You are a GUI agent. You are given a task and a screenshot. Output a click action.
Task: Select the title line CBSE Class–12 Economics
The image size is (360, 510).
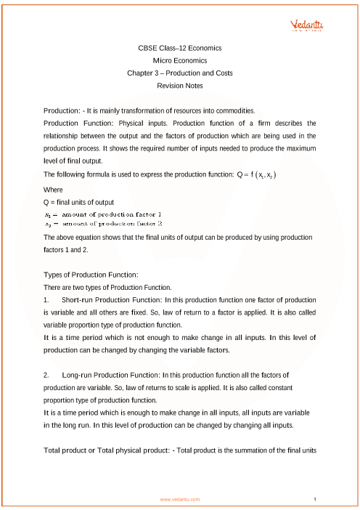180,48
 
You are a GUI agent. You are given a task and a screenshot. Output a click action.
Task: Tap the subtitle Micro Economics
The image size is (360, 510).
180,60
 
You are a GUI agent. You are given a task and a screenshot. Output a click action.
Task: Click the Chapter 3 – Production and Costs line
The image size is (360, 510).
180,73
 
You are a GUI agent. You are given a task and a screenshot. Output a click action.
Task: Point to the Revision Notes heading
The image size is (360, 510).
180,86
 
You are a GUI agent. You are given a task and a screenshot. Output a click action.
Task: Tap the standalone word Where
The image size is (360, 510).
54,189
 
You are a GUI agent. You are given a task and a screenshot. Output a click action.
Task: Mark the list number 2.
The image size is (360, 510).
46,375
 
